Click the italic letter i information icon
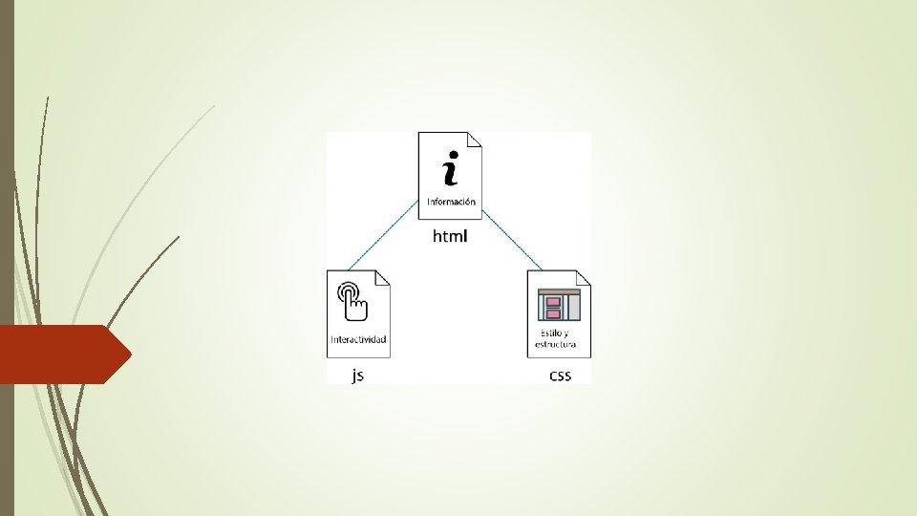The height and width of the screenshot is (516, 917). click(450, 169)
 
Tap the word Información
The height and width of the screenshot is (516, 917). click(451, 201)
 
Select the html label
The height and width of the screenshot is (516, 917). click(451, 236)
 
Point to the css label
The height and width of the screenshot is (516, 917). click(560, 376)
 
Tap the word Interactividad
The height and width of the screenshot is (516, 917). click(359, 339)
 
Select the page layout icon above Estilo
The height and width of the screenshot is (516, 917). click(560, 304)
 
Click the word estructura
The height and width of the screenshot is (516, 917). click(559, 344)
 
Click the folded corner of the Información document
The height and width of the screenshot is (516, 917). click(474, 140)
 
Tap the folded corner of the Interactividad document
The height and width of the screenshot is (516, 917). click(383, 277)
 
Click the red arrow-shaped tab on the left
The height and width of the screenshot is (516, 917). click(62, 354)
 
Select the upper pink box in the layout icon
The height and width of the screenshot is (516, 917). click(553, 301)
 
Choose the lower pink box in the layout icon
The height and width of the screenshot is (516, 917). click(553, 312)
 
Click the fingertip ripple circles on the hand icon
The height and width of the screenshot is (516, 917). click(348, 289)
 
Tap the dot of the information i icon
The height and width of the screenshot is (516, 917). click(453, 154)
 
